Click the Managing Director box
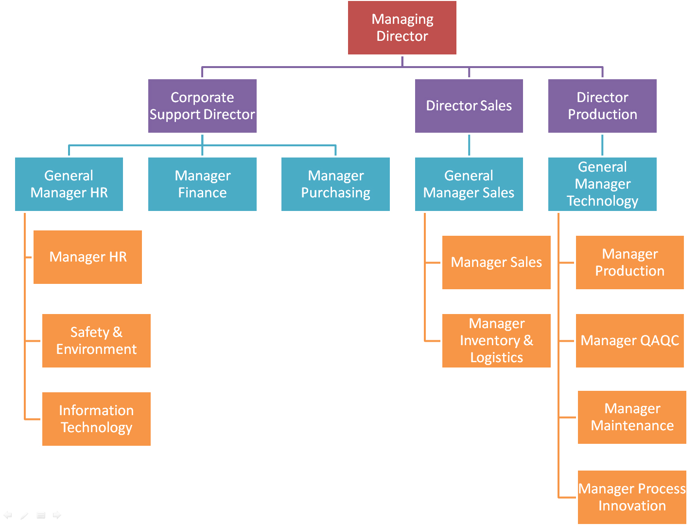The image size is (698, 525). [402, 28]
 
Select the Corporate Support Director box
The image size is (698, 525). [202, 106]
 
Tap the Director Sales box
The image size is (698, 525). [469, 106]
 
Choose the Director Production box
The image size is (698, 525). [602, 106]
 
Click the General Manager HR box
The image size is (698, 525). [69, 184]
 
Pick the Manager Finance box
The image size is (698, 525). [202, 184]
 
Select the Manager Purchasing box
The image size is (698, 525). [335, 184]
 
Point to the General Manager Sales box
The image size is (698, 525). [469, 184]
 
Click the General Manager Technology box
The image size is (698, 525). [602, 184]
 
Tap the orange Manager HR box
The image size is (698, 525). [87, 257]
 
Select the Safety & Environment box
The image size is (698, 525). [96, 341]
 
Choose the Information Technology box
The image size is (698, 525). [96, 419]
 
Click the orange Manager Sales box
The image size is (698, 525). [496, 262]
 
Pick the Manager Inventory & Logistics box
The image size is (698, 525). [496, 341]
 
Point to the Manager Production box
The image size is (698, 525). [629, 262]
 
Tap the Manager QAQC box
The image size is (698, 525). [629, 341]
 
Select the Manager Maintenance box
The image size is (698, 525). [632, 417]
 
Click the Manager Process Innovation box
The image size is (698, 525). [632, 497]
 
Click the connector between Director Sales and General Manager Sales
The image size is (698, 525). [469, 145]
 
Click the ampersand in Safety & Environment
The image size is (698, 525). [117, 332]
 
